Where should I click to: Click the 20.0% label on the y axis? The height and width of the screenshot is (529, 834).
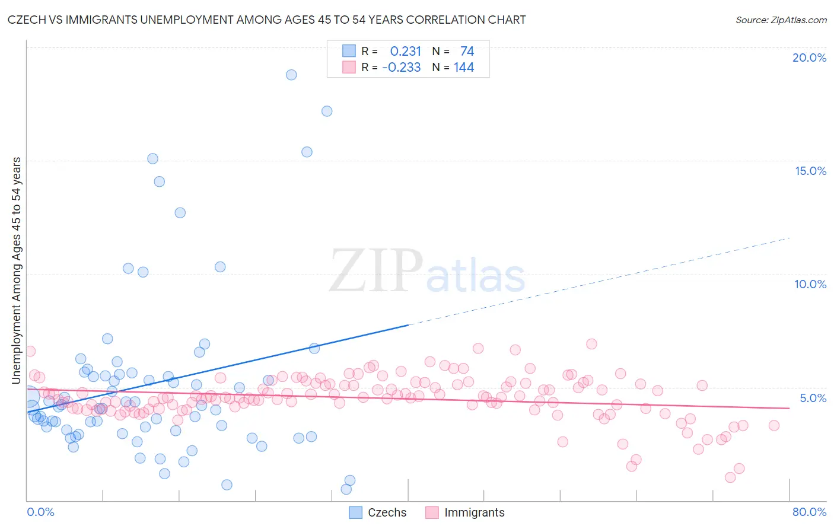coord(809,58)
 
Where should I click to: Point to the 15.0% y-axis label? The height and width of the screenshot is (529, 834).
coord(810,171)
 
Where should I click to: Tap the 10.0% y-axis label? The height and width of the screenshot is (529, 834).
coord(810,284)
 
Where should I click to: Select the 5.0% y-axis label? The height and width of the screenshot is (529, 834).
coord(813,398)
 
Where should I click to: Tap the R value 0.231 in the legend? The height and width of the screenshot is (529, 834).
coord(405,51)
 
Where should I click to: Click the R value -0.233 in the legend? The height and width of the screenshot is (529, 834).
coord(402,68)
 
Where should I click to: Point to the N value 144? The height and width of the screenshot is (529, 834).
coord(464,68)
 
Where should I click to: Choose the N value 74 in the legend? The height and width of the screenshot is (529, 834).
coord(467,51)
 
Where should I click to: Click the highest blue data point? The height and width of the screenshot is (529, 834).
coord(291,75)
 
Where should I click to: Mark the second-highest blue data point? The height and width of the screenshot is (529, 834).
coord(327,111)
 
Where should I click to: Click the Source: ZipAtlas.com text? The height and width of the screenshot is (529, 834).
coord(781,20)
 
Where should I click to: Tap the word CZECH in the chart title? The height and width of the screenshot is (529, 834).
coord(28,20)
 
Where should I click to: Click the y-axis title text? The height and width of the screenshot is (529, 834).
coord(17,270)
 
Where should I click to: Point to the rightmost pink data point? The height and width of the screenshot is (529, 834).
coord(773,425)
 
